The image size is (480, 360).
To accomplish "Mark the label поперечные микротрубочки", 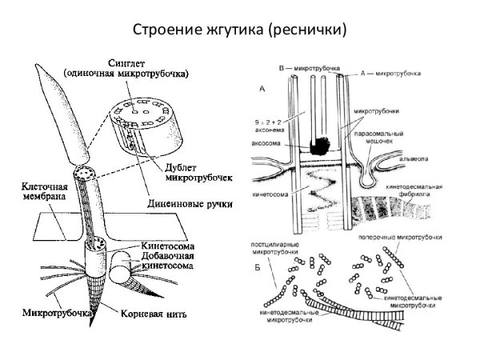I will click(423, 237).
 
